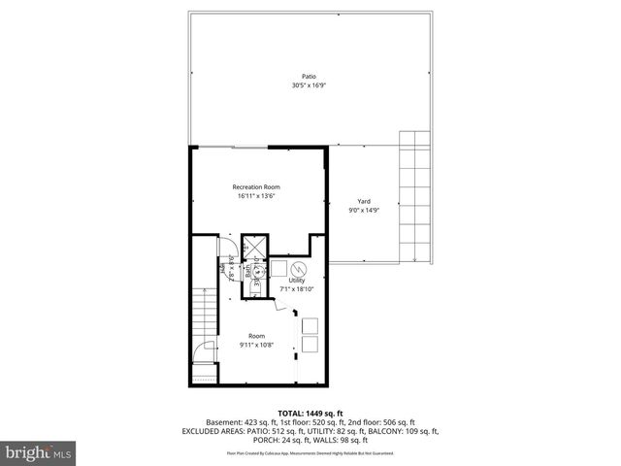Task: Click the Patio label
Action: (310, 77)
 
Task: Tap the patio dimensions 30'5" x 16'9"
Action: (310, 86)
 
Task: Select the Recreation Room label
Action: (256, 186)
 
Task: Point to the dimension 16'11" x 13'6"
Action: (256, 196)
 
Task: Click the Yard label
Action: (364, 201)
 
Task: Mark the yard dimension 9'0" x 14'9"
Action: (364, 211)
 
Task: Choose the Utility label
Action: (296, 280)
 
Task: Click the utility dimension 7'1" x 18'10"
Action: (296, 289)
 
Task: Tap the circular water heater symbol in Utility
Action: (300, 269)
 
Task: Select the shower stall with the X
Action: (253, 245)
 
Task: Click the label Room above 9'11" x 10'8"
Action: (256, 335)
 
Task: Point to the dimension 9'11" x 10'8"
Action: (256, 345)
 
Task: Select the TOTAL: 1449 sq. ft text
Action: (310, 413)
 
